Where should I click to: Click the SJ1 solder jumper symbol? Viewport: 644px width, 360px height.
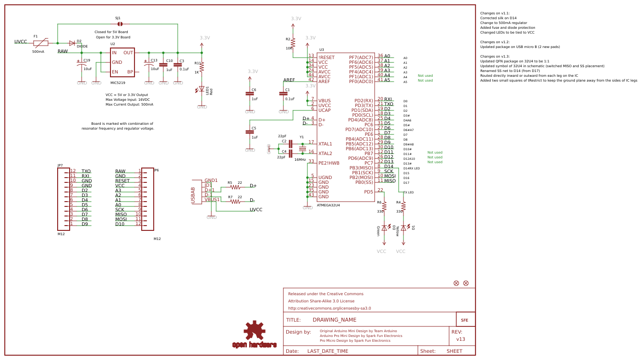tap(120, 24)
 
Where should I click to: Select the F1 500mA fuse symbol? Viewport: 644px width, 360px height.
tap(41, 43)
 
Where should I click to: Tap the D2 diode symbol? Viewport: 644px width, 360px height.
tap(72, 43)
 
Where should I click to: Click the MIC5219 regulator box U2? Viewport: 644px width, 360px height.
tap(122, 62)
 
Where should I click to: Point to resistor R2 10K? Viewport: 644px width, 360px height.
tap(293, 42)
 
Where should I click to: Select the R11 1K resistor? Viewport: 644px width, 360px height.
tap(202, 67)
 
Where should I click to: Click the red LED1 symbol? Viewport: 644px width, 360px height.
tap(202, 89)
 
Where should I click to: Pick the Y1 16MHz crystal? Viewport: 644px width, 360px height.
tap(303, 148)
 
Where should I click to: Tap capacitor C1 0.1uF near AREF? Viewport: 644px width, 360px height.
tap(283, 94)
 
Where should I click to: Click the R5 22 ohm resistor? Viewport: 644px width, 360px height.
tap(235, 187)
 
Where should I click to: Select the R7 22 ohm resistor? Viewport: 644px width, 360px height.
tap(235, 202)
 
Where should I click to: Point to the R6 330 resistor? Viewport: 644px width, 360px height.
tap(384, 206)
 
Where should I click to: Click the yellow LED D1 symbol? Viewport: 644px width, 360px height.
tap(403, 228)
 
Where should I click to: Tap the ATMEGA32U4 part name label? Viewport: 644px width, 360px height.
tap(328, 205)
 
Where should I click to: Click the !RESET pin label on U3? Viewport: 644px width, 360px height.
tap(327, 58)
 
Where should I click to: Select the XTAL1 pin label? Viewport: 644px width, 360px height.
tap(325, 144)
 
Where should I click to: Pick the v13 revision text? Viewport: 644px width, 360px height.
tap(461, 339)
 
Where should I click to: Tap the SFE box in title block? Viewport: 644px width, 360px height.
tap(465, 320)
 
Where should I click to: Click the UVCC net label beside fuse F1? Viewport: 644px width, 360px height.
tap(21, 42)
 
